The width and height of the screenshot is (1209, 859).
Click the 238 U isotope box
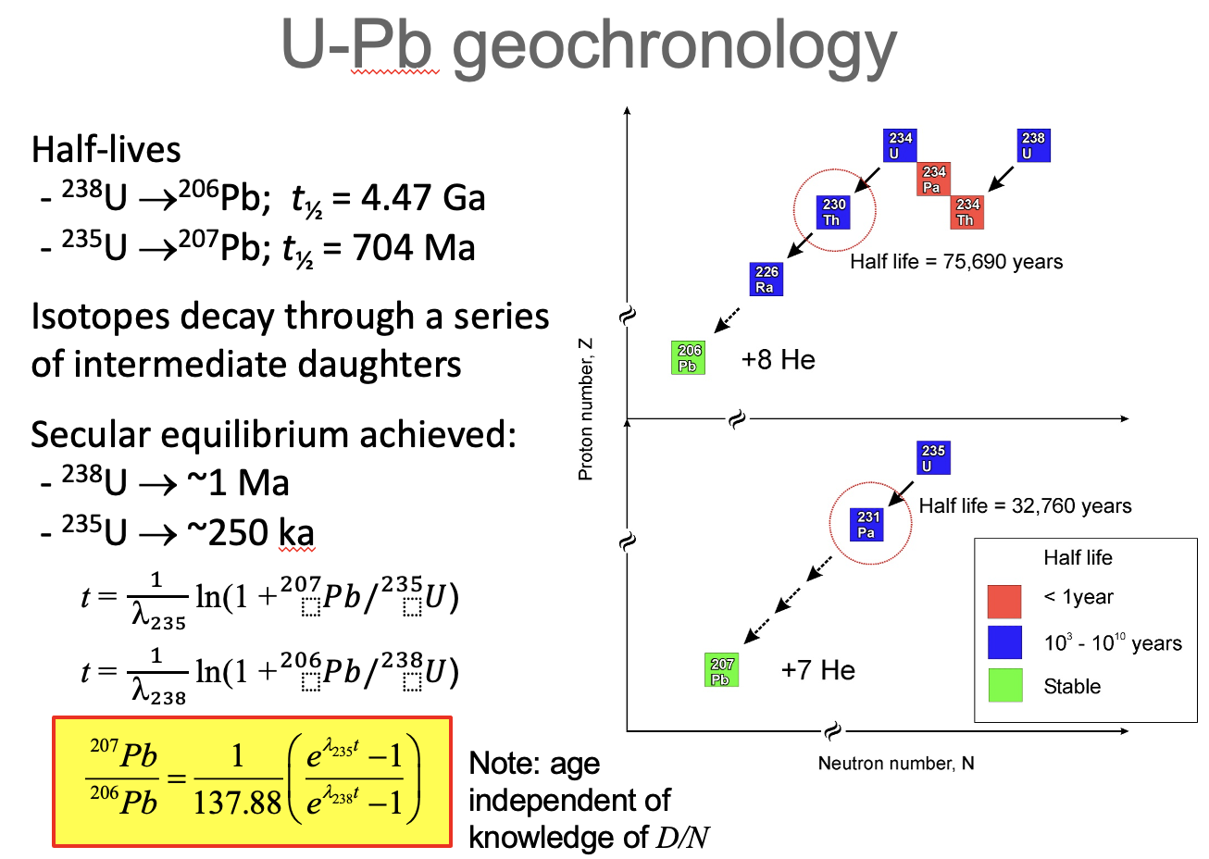[1033, 145]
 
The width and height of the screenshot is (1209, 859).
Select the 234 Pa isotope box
[933, 180]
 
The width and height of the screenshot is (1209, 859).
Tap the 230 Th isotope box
[833, 212]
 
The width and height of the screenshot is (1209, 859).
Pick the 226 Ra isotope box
[767, 279]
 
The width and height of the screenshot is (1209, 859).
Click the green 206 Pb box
[689, 357]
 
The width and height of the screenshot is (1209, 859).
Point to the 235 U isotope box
[933, 457]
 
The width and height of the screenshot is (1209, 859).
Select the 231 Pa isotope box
[867, 524]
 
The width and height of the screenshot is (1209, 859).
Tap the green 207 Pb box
[722, 671]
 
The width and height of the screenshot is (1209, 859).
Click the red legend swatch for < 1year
[1004, 601]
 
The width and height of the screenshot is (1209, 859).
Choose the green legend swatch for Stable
[1004, 685]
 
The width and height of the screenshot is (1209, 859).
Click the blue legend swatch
[1004, 642]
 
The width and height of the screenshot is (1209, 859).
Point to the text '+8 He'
[779, 360]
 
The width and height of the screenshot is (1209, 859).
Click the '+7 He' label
[818, 670]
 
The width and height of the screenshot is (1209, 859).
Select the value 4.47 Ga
[423, 198]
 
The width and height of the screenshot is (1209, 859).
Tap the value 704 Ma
[414, 248]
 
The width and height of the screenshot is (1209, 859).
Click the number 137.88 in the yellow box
[237, 802]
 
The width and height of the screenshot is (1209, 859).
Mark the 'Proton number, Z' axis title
[585, 409]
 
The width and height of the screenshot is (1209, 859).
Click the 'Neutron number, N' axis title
[896, 764]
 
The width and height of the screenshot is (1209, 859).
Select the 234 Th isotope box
[967, 212]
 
